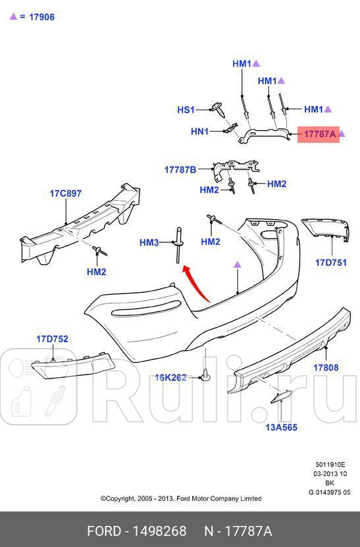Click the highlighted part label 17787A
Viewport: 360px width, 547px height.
319,134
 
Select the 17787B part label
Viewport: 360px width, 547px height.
180,170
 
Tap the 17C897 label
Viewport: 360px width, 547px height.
65,194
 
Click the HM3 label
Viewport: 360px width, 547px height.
149,243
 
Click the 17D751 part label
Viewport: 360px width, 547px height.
330,262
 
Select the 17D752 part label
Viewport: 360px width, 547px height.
52,339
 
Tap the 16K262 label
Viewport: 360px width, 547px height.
170,377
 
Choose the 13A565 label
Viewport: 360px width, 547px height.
281,427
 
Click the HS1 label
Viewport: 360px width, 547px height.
186,110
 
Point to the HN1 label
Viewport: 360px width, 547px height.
199,132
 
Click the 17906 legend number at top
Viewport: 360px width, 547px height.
41,17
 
